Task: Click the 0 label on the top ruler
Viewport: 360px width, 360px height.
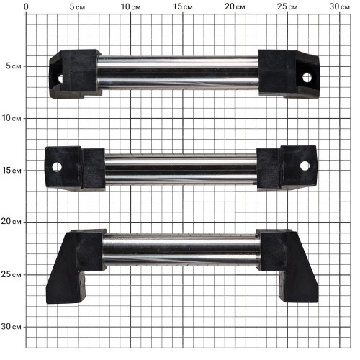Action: [26, 6]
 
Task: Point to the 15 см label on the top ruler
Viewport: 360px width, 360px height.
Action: [183, 6]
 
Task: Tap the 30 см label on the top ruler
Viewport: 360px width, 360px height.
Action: [339, 6]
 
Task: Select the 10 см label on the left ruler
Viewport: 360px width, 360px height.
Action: [12, 118]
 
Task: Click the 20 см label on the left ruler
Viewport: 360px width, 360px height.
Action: [11, 221]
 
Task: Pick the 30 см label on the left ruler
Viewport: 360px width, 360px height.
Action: [11, 326]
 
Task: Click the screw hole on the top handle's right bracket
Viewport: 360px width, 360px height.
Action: [307, 78]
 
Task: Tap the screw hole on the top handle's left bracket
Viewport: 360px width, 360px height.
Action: [60, 78]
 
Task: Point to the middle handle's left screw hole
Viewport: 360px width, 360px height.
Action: [57, 167]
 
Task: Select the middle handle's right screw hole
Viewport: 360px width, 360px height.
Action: [305, 166]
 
